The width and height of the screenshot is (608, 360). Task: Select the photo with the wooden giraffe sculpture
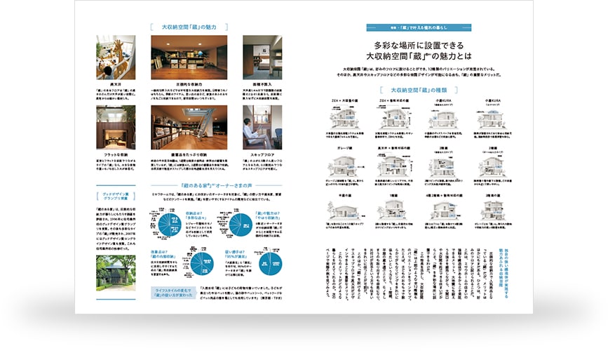(116, 59)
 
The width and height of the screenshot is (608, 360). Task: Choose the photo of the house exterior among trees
(116, 272)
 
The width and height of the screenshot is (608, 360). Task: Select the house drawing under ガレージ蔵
(344, 167)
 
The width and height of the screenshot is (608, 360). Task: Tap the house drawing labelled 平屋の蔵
(344, 211)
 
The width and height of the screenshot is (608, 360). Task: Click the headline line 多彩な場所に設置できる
(420, 44)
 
